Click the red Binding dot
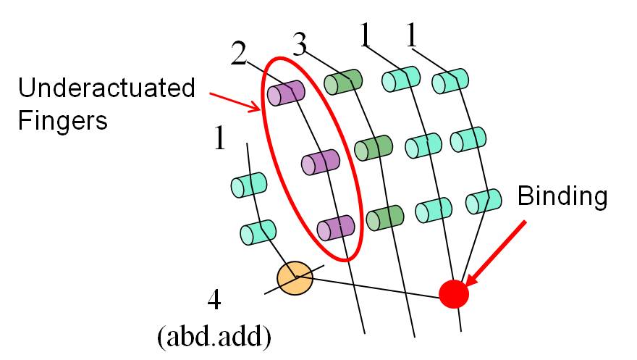pos(454,294)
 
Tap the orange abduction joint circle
pos(295,278)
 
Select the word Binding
pos(562,196)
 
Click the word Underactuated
pos(106,88)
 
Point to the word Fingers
pos(62,121)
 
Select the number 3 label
pos(300,45)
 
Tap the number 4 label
pos(214,300)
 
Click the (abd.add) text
pos(214,337)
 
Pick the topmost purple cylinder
pos(286,93)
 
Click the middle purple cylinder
pos(321,162)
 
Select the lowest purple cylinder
pos(336,227)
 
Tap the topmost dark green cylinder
pos(343,82)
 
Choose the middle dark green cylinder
pos(374,148)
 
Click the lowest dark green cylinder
pos(385,217)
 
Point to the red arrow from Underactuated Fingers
pos(235,102)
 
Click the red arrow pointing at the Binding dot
pos(496,254)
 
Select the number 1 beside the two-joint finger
pos(219,138)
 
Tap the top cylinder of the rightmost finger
pos(450,81)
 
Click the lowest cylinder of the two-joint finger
pos(258,233)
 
